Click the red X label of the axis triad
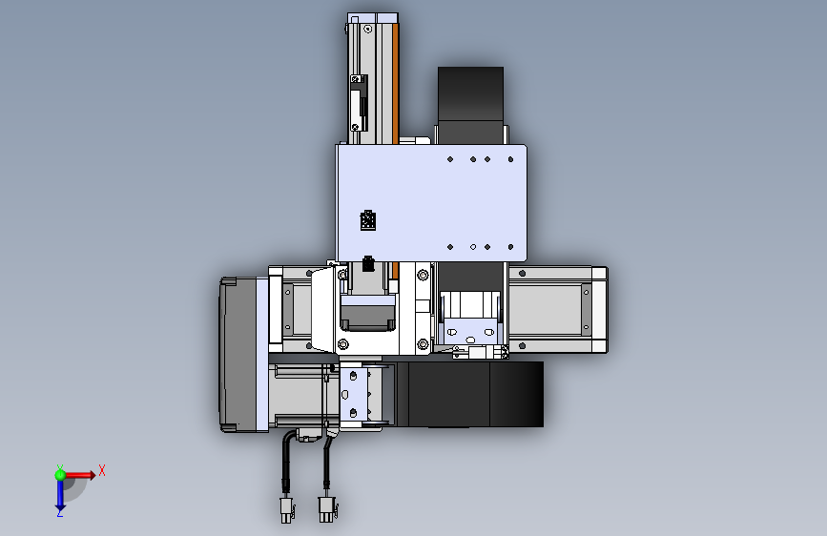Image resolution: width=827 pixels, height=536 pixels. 102,470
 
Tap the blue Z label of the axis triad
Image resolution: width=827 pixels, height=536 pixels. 60,512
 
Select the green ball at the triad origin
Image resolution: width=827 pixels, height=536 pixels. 60,475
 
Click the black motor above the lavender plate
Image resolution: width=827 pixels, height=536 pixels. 470,105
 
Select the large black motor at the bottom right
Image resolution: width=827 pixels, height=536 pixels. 470,394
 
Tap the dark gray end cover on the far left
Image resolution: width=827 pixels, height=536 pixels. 238,355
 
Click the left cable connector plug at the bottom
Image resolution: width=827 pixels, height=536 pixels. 286,509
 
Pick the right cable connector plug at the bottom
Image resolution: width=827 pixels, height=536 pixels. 327,509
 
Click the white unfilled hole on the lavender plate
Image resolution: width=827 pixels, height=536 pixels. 473,247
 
